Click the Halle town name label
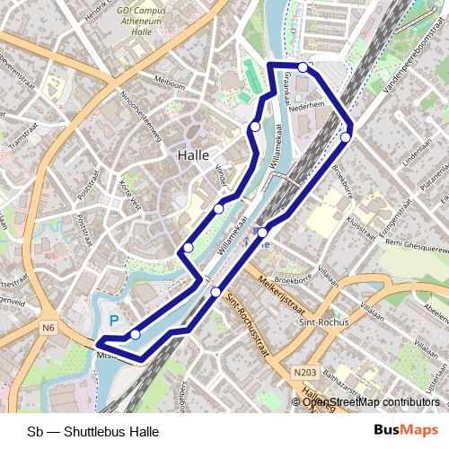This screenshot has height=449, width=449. coord(194,154)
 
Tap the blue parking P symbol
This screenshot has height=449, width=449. coord(114,320)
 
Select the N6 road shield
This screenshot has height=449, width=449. coord(48,329)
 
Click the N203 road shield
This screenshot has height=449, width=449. coord(305,370)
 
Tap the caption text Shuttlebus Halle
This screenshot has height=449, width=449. coord(93,431)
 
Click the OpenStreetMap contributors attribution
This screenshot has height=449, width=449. coord(371,402)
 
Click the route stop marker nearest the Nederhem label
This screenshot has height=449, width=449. coord(304,67)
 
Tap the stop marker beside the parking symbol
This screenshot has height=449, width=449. coord(135,334)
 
